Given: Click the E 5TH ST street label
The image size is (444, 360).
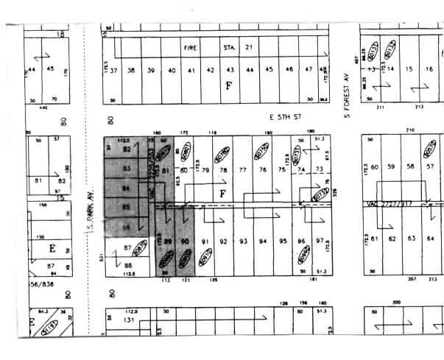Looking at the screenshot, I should pyautogui.click(x=286, y=116).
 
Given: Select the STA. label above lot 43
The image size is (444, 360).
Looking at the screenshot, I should pyautogui.click(x=228, y=47).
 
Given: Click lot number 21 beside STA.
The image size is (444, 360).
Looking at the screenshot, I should pyautogui.click(x=249, y=47).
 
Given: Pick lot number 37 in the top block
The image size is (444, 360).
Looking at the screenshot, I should pyautogui.click(x=113, y=71).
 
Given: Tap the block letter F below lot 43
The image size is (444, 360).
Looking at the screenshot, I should pyautogui.click(x=229, y=85).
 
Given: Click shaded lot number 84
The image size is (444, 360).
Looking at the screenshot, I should pyautogui.click(x=127, y=188).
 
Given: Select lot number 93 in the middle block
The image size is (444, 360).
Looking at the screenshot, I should pyautogui.click(x=242, y=241).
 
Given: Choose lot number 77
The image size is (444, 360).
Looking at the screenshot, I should pyautogui.click(x=242, y=170).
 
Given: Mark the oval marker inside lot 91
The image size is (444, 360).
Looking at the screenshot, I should pyautogui.click(x=206, y=257).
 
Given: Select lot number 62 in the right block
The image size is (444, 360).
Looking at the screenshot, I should pyautogui.click(x=394, y=239).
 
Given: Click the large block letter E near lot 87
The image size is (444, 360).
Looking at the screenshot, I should pyautogui.click(x=32, y=248).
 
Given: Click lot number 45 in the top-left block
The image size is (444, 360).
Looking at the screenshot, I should pyautogui.click(x=50, y=69).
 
